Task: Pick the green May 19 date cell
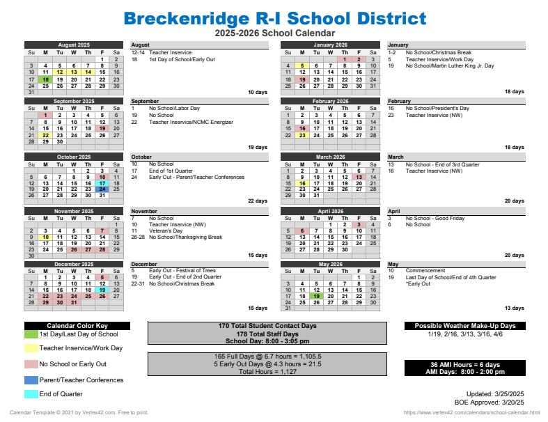click(x=316, y=295)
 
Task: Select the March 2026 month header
click(x=330, y=157)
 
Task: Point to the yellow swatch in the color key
click(x=31, y=347)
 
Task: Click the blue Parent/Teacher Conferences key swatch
click(x=31, y=380)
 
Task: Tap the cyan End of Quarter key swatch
click(x=31, y=394)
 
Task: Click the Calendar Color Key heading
click(x=77, y=326)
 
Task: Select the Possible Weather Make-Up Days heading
click(x=465, y=326)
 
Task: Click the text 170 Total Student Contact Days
click(x=267, y=326)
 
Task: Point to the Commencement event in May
click(x=425, y=271)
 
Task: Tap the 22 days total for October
click(x=257, y=201)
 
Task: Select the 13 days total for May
click(x=514, y=308)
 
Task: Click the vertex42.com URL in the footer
click(x=471, y=413)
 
